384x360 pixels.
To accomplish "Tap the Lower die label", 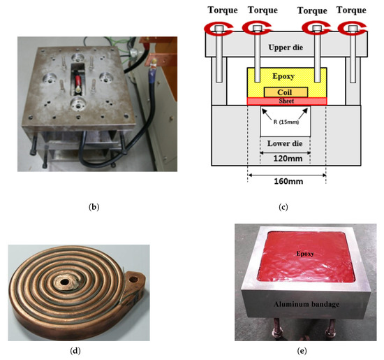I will pos(286,144).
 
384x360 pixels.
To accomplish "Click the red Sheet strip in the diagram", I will pos(286,101).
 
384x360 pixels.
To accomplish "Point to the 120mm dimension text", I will pos(286,158).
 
